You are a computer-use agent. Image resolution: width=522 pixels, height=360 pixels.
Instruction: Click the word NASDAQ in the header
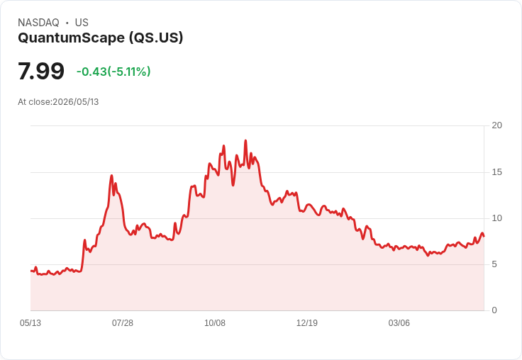pos(38,23)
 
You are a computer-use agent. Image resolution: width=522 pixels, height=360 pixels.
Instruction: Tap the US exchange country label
pos(82,23)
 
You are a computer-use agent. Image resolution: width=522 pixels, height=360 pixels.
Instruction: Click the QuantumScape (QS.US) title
pos(101,38)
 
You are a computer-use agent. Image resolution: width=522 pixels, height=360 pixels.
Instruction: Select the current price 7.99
pos(41,71)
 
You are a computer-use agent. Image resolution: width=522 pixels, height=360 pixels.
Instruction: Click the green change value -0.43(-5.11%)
pos(113,72)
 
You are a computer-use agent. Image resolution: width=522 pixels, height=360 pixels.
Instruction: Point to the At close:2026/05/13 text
pos(58,102)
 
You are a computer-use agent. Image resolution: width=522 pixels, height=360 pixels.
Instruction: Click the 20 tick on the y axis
pos(496,125)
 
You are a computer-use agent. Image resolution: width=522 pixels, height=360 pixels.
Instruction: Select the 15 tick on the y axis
pos(496,172)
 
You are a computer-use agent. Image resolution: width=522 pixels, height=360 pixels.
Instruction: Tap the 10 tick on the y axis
pos(496,218)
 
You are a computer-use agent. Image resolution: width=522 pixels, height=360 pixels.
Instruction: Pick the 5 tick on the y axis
pos(494,264)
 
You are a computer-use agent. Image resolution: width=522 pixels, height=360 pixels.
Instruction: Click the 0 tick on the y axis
pos(494,310)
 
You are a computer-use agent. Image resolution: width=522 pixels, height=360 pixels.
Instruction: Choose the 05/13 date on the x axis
pos(30,323)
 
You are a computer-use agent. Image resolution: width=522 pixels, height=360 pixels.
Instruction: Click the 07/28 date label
pos(123,323)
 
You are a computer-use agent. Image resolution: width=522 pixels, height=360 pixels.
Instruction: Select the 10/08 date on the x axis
pos(215,323)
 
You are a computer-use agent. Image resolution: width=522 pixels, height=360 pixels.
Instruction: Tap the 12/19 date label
pos(307,323)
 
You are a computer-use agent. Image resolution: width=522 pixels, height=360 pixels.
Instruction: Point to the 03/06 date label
pos(399,323)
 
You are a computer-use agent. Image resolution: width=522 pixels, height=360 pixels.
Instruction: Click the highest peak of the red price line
pos(245,140)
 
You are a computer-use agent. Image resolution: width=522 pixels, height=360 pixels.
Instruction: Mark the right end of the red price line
pos(484,236)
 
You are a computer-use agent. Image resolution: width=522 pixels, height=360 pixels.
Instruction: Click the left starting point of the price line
pos(31,271)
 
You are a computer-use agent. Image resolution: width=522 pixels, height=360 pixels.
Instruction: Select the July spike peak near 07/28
pos(112,175)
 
